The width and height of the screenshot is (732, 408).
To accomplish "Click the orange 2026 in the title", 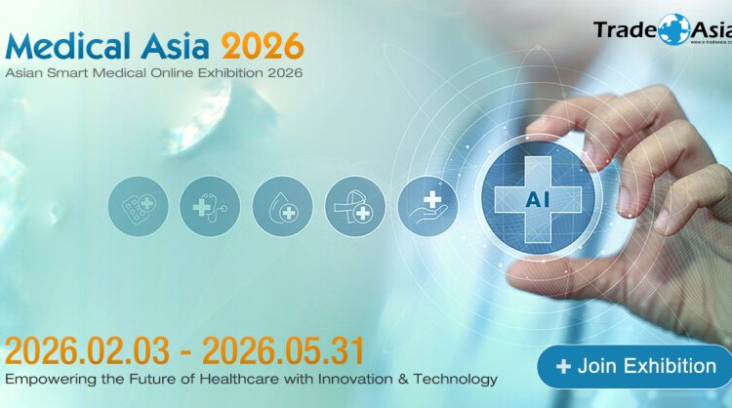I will (263, 45).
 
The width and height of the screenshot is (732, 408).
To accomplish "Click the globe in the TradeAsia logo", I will (673, 28).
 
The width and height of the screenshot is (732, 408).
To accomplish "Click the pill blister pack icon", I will (137, 207).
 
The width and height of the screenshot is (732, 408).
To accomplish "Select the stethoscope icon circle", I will (209, 207).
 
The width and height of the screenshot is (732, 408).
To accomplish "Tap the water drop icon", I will (282, 207).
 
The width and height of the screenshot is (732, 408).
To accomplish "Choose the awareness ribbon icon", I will (354, 207).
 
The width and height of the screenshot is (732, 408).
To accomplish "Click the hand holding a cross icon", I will (427, 207).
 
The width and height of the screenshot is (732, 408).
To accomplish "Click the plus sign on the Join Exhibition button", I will (563, 367).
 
